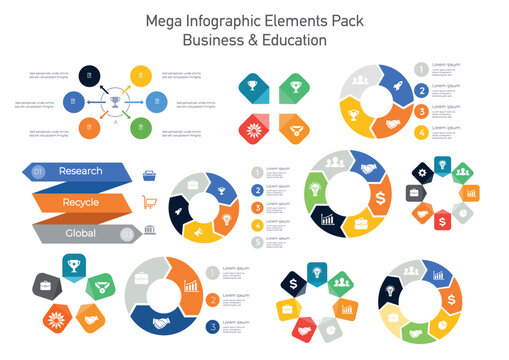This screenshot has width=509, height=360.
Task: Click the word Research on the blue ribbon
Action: (80, 171)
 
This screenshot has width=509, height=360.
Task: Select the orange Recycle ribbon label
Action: (80, 202)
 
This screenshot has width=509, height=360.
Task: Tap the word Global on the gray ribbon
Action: (80, 233)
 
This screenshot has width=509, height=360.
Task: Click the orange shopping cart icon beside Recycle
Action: (151, 202)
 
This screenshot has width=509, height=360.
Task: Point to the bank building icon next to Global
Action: (150, 232)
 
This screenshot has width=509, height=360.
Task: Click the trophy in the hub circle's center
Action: (115, 101)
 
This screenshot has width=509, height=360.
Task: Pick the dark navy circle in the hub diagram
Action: (89, 75)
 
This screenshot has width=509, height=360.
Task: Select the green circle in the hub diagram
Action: (141, 127)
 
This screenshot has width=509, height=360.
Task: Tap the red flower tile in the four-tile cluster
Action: (254, 127)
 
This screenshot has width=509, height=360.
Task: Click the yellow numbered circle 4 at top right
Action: (421, 131)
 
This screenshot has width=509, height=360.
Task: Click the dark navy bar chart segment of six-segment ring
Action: (327, 217)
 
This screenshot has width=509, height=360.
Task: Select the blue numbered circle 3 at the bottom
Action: (213, 326)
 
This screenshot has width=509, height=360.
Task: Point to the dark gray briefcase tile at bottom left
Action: (46, 287)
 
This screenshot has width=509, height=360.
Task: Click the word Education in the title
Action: (290, 41)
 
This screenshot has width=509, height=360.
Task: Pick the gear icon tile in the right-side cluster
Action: (421, 172)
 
